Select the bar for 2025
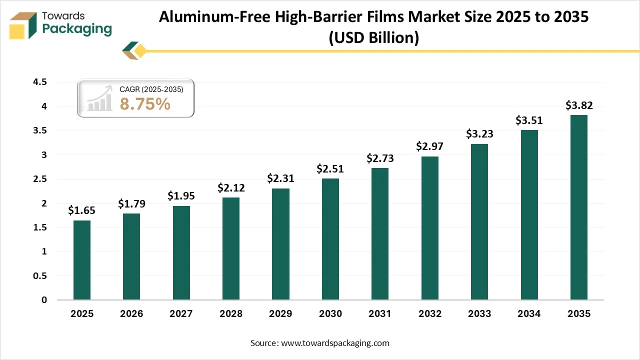pos(82,260)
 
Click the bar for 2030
pos(330,239)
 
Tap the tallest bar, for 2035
pos(579,207)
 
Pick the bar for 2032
pos(430,228)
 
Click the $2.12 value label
pos(231,188)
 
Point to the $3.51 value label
pos(529,120)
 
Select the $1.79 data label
pos(131,204)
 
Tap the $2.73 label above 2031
pos(380,158)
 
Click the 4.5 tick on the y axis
pos(40,82)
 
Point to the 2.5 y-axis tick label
pos(40,179)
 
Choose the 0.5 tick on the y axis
pos(40,276)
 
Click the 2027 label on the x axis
pos(181,314)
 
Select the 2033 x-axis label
pos(479,314)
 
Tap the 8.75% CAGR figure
pos(145,104)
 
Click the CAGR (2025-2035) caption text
pos(151,89)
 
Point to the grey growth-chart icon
pos(99,99)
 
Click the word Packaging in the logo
pos(77,29)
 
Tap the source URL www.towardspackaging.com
pos(335,343)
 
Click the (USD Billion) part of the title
pos(373,37)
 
